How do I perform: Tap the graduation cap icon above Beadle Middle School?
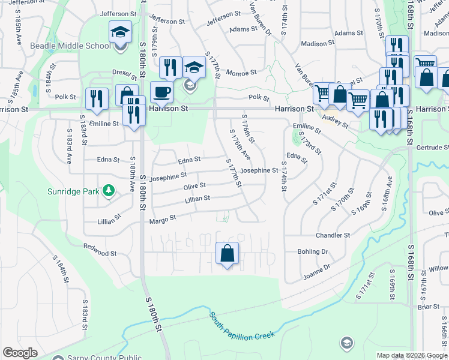coord(120,31)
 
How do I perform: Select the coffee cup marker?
coord(161,92)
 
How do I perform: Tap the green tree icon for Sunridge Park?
coord(109,191)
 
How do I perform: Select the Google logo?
coord(20,353)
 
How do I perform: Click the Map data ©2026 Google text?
coord(412,355)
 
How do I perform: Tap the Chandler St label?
coord(333,236)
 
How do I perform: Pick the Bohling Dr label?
coord(312,252)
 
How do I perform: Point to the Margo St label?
coord(163,220)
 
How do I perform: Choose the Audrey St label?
coord(335,122)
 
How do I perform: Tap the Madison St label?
coord(318,44)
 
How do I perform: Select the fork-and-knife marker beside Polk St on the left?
coord(97,99)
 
